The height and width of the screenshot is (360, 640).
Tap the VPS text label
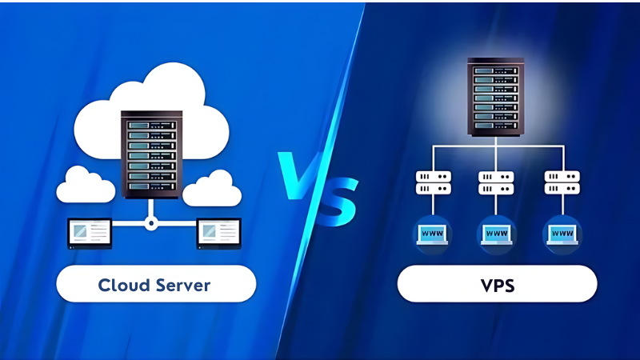coord(497,284)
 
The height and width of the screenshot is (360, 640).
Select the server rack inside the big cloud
coord(150,157)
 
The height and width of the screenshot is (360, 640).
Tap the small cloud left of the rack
coord(86,185)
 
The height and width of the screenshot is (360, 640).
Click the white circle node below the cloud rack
coord(150,225)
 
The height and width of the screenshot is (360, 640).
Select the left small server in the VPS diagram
coord(433,182)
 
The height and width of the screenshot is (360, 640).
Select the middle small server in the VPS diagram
coord(496,182)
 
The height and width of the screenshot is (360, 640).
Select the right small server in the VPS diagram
coord(561,182)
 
